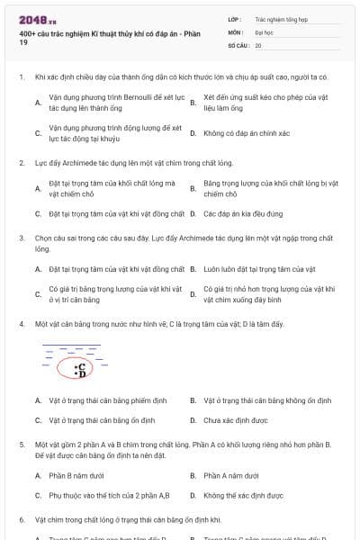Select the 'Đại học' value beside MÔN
tap(265, 31)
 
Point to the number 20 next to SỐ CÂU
tap(258, 45)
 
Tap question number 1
tap(21, 77)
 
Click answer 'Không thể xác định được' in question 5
tap(244, 495)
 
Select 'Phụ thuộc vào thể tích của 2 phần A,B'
tap(109, 495)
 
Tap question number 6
tap(21, 519)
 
